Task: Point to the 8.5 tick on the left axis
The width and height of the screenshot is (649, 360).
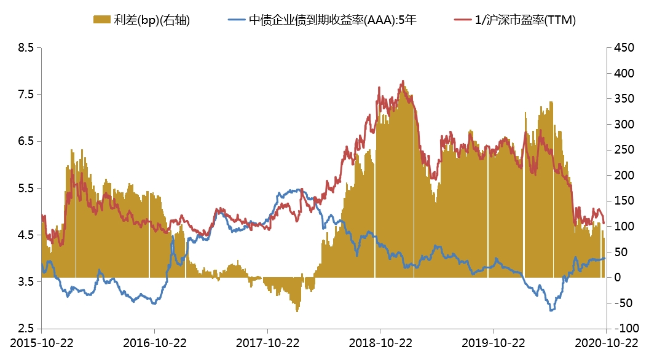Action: (x=25, y=47)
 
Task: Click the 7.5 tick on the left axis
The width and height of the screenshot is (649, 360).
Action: (x=25, y=94)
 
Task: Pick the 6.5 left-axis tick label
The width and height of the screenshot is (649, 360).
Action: (x=25, y=141)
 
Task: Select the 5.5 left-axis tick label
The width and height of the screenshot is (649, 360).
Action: (x=25, y=188)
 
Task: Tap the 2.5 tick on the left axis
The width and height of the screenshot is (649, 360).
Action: (x=25, y=328)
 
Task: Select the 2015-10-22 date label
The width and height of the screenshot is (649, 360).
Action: (x=41, y=343)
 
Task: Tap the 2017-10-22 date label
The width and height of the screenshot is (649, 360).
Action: (x=267, y=343)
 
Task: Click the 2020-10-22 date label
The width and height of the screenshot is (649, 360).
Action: (x=606, y=343)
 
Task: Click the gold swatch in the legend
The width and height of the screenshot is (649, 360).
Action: (x=101, y=20)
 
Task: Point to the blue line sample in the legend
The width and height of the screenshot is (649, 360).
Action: (x=237, y=20)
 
